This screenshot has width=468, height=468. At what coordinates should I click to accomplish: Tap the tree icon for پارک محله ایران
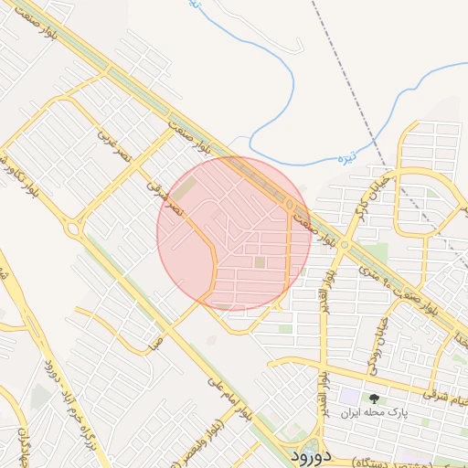pos(373,399)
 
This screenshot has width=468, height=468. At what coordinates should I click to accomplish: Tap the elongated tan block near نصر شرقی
pos(186,190)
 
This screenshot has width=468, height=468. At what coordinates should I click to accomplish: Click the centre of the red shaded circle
pos(234,234)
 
